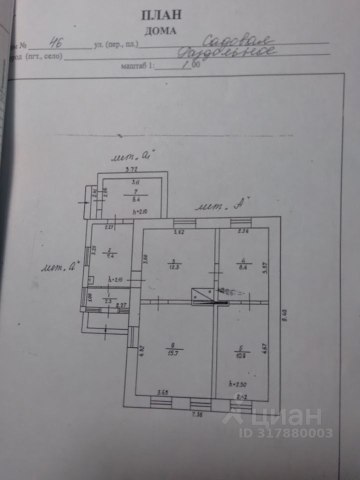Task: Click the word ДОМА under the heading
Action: coord(160,30)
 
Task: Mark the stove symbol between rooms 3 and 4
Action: coord(202,296)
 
